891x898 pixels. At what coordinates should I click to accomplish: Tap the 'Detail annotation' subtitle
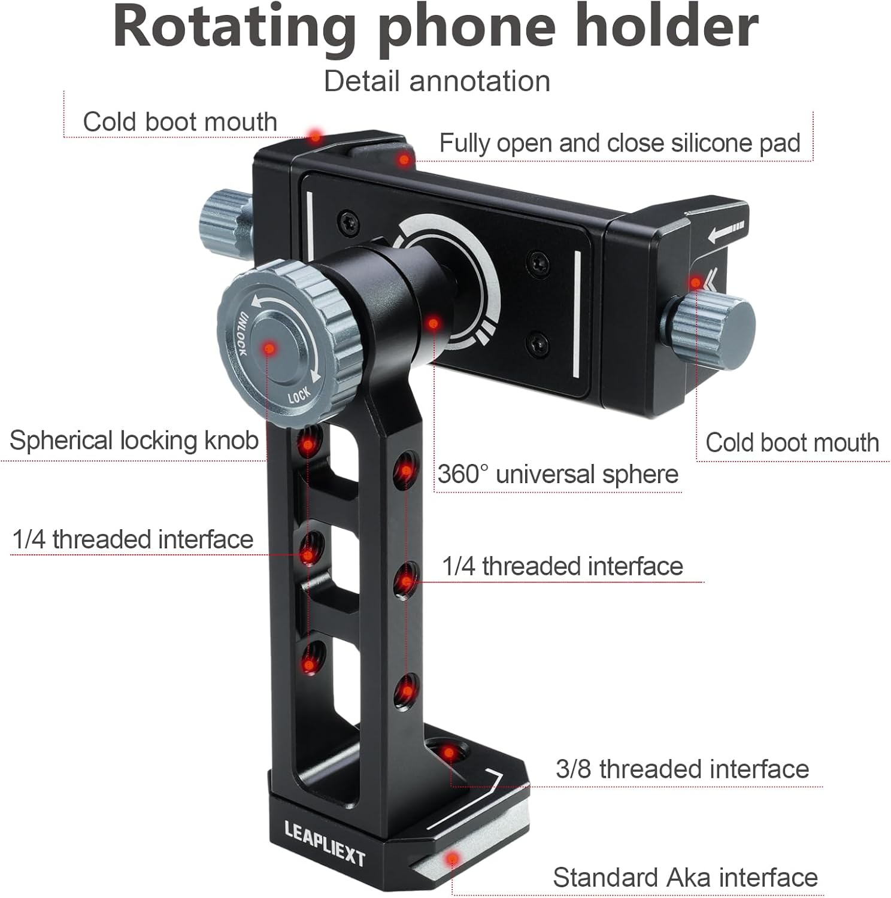437,81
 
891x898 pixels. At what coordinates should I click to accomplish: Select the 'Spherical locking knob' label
134,441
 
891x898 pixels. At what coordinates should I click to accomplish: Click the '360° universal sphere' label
557,474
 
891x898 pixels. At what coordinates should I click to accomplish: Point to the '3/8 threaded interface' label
682,769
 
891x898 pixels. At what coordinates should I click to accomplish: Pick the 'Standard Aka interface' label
685,878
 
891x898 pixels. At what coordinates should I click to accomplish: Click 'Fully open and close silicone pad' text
619,143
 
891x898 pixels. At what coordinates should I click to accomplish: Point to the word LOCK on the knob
299,395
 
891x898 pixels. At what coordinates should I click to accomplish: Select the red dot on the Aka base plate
453,860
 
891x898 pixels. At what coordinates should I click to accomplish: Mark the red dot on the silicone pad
404,160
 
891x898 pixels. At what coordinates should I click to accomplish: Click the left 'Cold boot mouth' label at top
180,122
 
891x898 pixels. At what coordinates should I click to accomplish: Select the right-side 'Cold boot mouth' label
792,443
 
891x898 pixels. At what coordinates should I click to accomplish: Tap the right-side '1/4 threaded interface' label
562,566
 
